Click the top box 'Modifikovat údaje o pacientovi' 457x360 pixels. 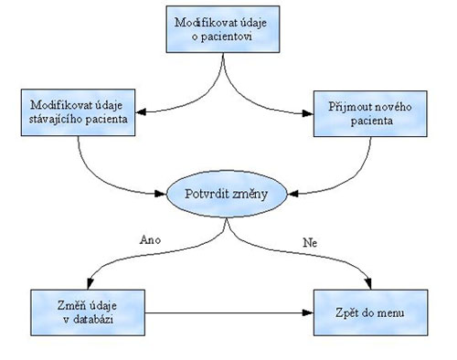tap(222, 27)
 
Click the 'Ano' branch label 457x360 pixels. tap(152, 241)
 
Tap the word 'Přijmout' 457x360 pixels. tap(346, 105)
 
